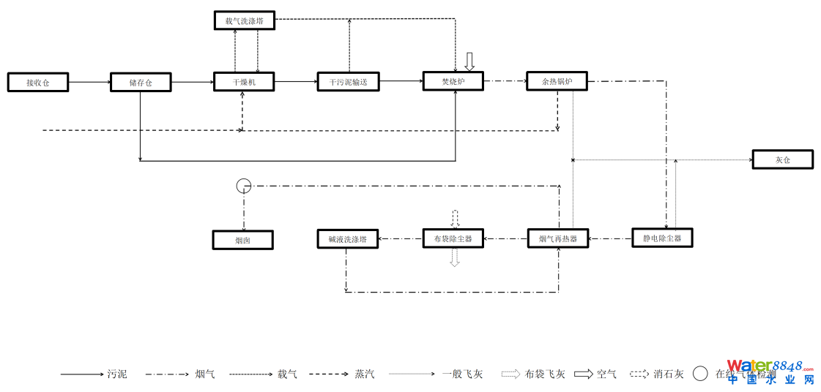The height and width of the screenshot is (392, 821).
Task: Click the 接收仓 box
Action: click(x=38, y=82)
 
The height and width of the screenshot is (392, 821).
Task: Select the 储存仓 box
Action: click(x=141, y=82)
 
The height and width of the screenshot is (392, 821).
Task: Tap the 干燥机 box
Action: click(x=244, y=82)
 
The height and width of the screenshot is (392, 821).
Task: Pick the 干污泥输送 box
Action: click(x=348, y=82)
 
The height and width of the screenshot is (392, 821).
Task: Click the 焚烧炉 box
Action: click(x=453, y=81)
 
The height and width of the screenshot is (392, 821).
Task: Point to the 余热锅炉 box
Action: click(x=557, y=81)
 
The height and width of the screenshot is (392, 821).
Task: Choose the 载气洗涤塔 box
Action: click(x=245, y=20)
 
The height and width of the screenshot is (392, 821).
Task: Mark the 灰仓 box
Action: click(x=782, y=159)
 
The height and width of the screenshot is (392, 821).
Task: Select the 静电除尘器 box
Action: click(x=662, y=238)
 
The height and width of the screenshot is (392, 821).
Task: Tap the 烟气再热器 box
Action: click(x=558, y=238)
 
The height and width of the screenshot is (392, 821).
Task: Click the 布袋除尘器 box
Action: click(x=453, y=238)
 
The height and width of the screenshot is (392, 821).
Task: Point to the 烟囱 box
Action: click(x=243, y=240)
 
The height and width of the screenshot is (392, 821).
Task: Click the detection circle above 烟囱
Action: click(x=244, y=185)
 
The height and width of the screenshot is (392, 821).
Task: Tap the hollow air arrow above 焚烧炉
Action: click(x=469, y=61)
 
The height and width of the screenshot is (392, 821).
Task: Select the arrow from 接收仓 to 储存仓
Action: click(x=89, y=82)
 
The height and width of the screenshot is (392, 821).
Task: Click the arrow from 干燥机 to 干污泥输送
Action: click(x=296, y=82)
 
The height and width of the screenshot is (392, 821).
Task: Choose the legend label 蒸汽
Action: click(x=364, y=374)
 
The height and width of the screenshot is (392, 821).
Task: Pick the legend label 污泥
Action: click(x=117, y=374)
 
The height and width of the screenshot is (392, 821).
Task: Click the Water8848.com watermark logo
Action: click(x=770, y=371)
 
